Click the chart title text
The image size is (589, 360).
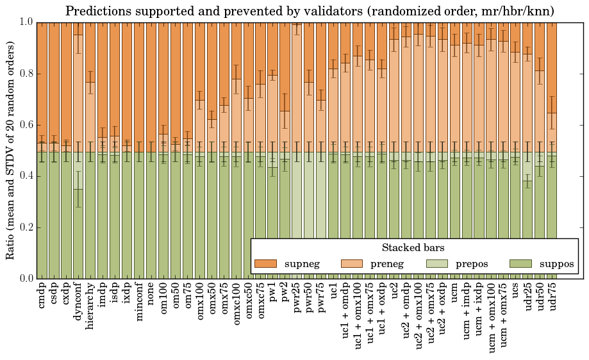(x=310, y=11)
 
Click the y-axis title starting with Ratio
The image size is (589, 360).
(x=11, y=150)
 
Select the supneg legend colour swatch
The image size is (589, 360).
(x=265, y=263)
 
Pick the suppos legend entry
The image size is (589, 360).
(x=542, y=263)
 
